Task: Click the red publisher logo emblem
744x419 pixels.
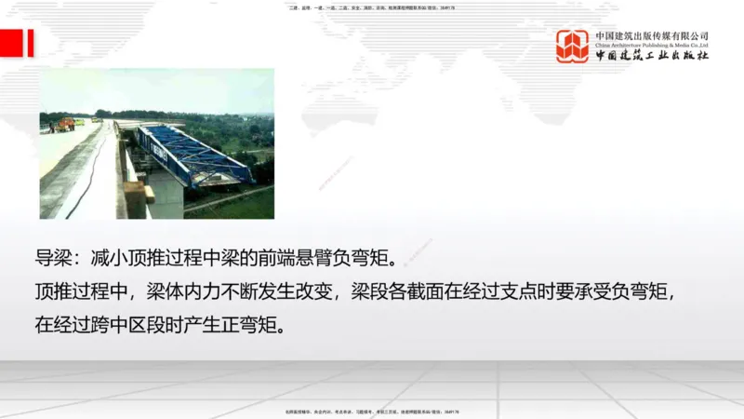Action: coord(572,46)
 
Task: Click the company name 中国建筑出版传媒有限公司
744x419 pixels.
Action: coord(652,35)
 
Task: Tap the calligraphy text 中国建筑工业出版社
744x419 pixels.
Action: coord(652,56)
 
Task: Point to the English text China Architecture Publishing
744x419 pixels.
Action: coord(652,45)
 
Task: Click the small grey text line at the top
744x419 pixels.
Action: coord(372,7)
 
